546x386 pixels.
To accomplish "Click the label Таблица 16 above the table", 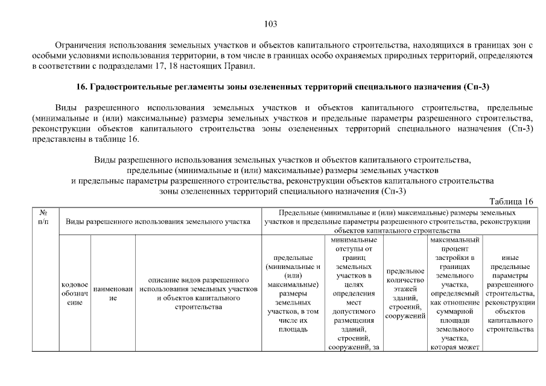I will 512,201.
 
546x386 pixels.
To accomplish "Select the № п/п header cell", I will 44,217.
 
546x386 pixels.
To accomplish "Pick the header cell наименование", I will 112,293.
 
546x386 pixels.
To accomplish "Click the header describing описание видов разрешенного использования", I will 198,293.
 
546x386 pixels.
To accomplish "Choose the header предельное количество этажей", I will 405,293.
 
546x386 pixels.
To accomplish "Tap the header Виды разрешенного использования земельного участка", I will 158,221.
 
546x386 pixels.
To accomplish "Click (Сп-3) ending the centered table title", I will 394,191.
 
